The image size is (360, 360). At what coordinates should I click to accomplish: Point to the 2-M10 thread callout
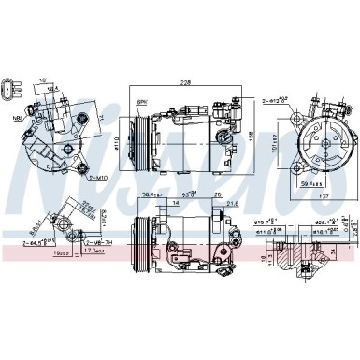[72, 175]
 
